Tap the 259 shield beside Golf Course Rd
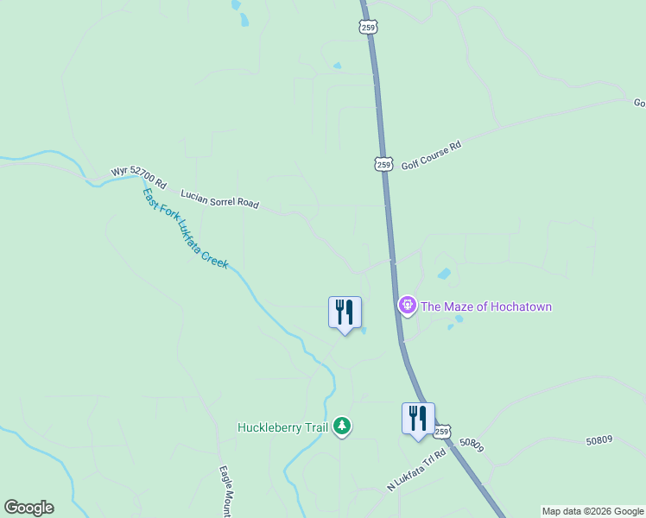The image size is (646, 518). [x=383, y=163]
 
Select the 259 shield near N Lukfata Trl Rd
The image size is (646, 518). [x=442, y=431]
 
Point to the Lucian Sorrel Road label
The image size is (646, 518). [x=219, y=200]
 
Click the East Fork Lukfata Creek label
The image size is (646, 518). [x=185, y=229]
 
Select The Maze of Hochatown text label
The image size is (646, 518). [x=485, y=306]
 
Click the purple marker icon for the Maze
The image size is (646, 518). [x=407, y=306]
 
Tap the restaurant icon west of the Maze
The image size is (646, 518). [x=345, y=313]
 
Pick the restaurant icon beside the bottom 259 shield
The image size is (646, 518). [x=418, y=419]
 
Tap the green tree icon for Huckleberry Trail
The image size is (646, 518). [x=343, y=426]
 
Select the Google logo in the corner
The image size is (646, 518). [x=28, y=508]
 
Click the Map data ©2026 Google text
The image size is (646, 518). [x=593, y=511]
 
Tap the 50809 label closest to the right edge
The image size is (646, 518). [x=598, y=440]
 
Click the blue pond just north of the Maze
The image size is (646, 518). [x=444, y=275]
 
